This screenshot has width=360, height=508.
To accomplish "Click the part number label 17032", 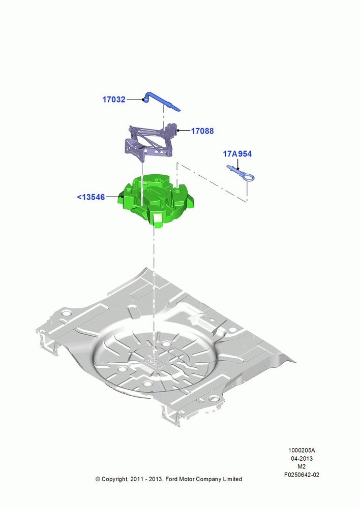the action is click(114, 100).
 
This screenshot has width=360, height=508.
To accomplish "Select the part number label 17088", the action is click(202, 131).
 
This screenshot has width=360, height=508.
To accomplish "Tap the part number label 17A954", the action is click(237, 154).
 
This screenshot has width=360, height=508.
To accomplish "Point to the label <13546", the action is click(91, 197).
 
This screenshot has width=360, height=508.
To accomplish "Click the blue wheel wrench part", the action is click(161, 102).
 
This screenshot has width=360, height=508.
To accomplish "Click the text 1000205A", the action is click(302, 450).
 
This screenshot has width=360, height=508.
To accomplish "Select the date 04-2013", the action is click(302, 458).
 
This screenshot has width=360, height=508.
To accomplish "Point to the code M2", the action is click(302, 466).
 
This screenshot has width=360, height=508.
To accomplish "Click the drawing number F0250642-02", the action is click(302, 474).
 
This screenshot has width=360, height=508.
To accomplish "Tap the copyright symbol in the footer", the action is click(98, 479).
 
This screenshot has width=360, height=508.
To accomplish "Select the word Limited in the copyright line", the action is click(232, 479).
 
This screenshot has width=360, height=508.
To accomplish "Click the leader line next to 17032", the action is click(135, 100).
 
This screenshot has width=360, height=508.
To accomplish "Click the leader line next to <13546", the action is click(113, 197).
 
